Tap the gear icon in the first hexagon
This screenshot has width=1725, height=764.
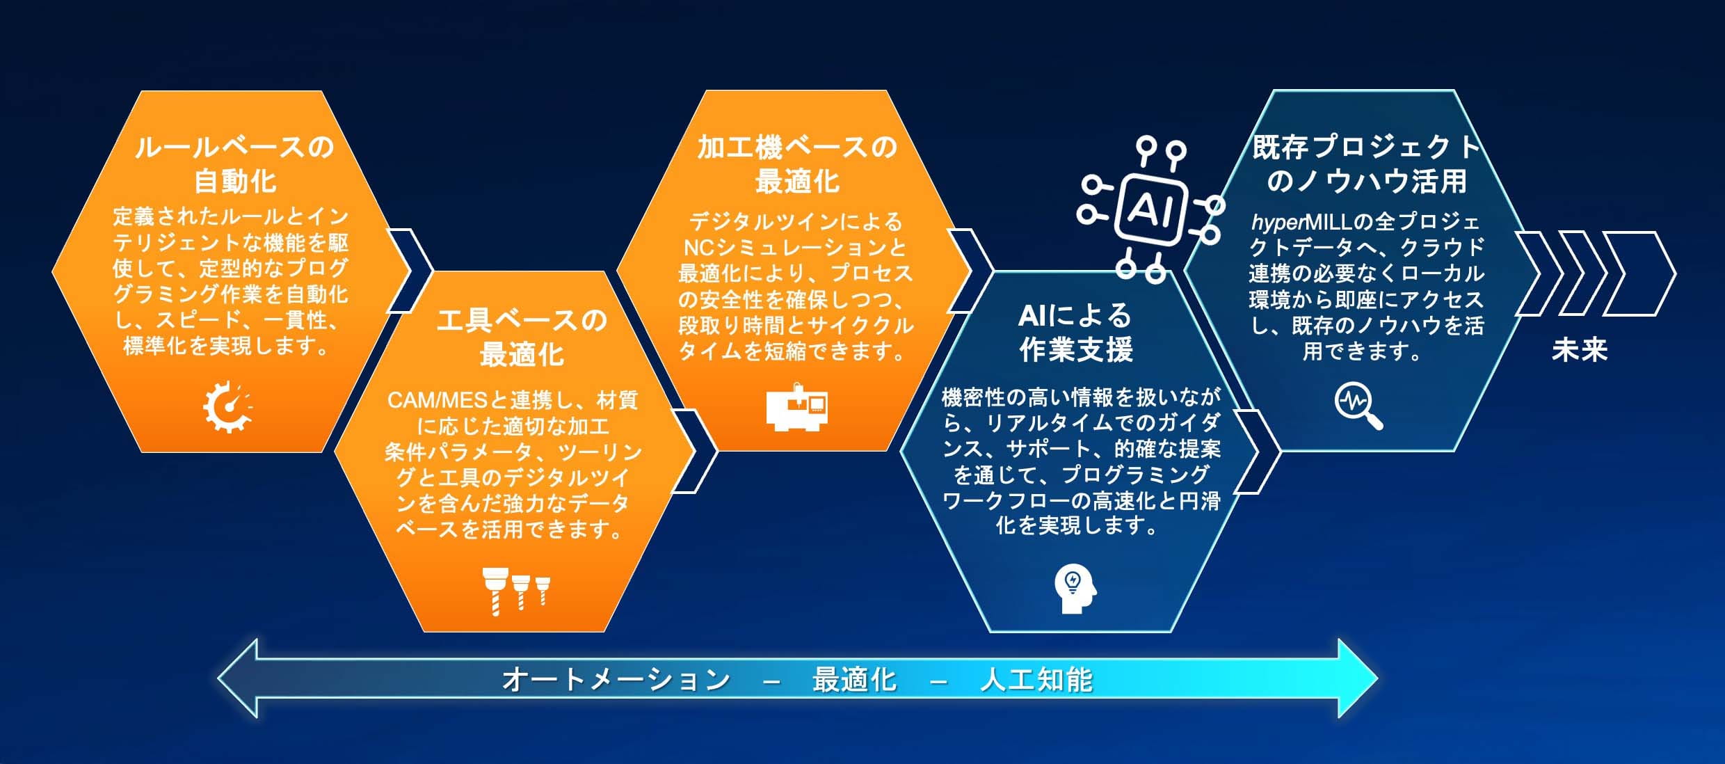[227, 407]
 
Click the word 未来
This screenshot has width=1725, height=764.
[1580, 349]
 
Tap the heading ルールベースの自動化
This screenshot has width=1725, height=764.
[234, 164]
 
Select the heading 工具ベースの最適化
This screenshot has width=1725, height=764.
[522, 337]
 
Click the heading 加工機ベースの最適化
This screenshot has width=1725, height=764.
[797, 164]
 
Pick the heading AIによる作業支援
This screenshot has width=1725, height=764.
[1075, 333]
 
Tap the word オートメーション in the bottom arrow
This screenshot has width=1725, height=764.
[616, 679]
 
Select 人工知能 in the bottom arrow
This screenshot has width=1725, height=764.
[1036, 679]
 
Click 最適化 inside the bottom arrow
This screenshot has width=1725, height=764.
[855, 679]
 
